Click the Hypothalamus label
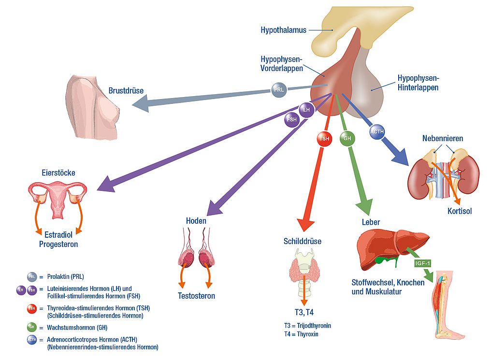[283, 30]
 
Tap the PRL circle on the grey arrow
[278, 90]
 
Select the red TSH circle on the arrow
[325, 139]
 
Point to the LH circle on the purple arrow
[306, 110]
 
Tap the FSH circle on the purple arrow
[292, 119]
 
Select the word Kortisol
[459, 211]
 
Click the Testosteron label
[196, 296]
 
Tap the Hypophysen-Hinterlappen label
[418, 83]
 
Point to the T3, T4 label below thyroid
[304, 312]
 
